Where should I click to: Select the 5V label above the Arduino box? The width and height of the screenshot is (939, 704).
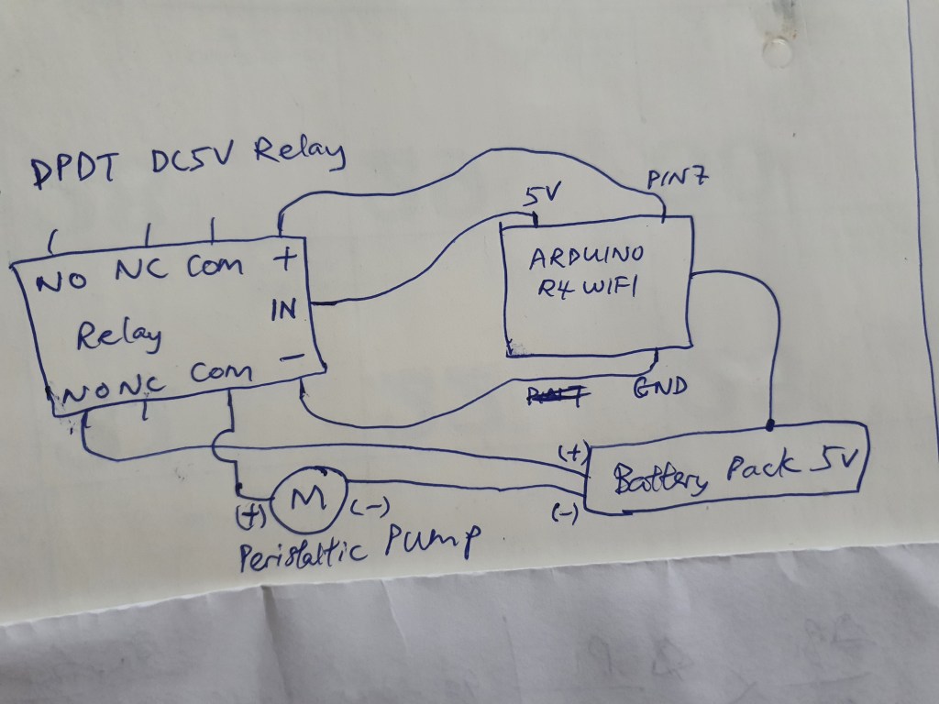(538, 196)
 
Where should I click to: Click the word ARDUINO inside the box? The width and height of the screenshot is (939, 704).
(587, 257)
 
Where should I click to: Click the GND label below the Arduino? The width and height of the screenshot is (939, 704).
(660, 387)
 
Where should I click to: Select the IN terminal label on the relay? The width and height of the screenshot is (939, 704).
(284, 312)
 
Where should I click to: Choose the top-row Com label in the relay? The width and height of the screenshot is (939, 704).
(215, 267)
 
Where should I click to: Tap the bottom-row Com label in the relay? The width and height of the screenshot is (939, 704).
(221, 373)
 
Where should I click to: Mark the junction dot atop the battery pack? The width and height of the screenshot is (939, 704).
(769, 424)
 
